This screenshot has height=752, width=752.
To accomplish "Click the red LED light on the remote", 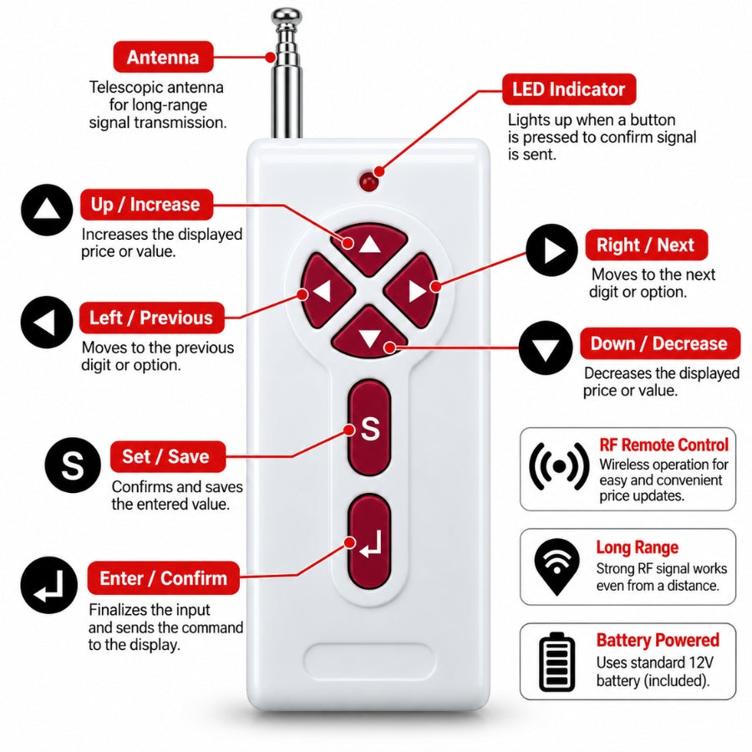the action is (368, 182).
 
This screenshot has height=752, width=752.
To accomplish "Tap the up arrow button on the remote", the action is (369, 247).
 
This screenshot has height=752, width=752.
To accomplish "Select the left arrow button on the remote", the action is (326, 291).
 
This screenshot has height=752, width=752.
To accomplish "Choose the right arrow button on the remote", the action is (412, 291).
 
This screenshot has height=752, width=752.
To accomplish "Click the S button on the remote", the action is (369, 428).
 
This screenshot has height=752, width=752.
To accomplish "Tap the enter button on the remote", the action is (369, 543).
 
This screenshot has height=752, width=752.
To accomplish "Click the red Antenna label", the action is (163, 57).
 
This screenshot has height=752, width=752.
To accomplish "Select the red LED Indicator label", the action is (569, 89).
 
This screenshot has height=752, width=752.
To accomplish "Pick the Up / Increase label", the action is (146, 205).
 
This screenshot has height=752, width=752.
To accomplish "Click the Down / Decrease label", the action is (660, 343).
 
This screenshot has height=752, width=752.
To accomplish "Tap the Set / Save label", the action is (167, 456).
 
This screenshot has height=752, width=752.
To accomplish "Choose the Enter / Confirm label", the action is (163, 578).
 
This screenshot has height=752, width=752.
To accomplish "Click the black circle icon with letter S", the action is (73, 465).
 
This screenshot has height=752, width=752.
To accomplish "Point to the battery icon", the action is (556, 662).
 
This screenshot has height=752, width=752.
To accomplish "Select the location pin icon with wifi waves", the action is (556, 566).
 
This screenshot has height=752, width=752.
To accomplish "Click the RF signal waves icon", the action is (559, 466).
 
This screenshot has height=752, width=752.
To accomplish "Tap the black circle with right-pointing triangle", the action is (552, 250).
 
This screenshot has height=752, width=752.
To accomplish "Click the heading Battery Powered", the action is (658, 640).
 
